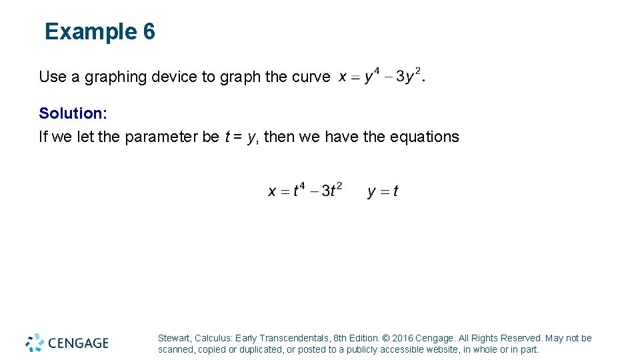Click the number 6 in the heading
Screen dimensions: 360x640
click(149, 31)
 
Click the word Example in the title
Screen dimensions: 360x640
click(91, 31)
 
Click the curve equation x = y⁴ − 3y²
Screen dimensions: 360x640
click(381, 76)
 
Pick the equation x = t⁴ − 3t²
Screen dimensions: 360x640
click(305, 191)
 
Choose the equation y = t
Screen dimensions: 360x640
click(383, 191)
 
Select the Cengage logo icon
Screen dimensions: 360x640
click(35, 343)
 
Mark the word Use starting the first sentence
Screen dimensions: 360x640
click(53, 77)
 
